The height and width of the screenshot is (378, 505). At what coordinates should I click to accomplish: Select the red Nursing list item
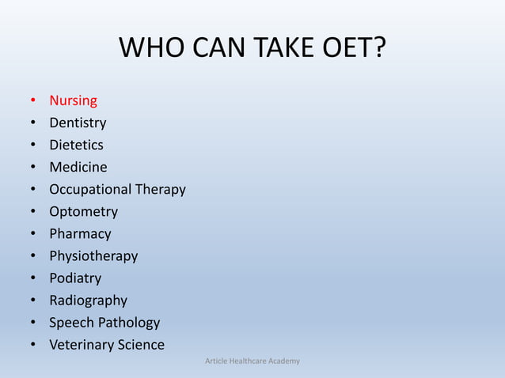click(73, 100)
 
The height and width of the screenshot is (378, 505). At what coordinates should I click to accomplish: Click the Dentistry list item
click(78, 123)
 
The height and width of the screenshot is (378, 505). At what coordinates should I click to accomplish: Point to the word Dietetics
click(76, 145)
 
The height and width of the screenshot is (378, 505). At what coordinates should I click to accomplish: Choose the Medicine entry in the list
click(78, 167)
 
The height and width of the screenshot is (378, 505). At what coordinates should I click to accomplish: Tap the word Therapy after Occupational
click(160, 190)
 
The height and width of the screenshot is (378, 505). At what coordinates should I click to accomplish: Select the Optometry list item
click(83, 212)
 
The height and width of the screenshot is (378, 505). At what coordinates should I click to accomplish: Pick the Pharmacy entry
click(80, 234)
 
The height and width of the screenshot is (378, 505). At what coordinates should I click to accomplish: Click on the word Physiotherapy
click(93, 256)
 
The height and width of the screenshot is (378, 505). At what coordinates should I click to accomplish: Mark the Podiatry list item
click(75, 278)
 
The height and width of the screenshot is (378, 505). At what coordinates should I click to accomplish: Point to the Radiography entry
click(88, 301)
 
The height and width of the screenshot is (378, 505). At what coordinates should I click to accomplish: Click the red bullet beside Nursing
click(32, 101)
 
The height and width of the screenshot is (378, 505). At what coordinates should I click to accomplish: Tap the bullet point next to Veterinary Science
click(32, 346)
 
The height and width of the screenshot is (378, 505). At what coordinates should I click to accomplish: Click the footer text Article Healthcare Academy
click(252, 361)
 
